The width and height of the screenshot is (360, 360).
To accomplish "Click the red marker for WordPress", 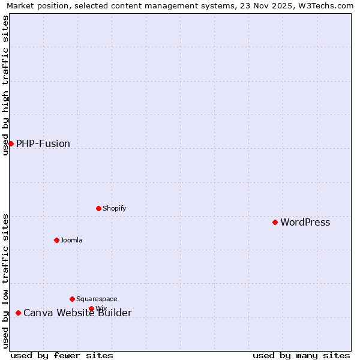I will (x=275, y=222).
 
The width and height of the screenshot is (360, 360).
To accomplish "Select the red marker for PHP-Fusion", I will (x=11, y=143).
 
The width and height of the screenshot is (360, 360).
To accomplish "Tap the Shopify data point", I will (x=98, y=208).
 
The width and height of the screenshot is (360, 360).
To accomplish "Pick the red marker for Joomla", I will (x=56, y=240).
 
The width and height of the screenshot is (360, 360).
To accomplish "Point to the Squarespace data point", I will (x=72, y=299).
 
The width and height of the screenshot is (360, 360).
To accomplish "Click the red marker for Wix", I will (x=91, y=308).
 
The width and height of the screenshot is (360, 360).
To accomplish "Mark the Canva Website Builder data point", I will (x=18, y=313).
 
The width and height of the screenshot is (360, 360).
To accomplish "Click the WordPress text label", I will (x=305, y=223).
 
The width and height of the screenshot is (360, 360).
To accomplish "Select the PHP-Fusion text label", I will (x=43, y=144).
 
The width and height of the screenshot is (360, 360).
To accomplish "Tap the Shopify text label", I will (x=114, y=209).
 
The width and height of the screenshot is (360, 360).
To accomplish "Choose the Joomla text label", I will (x=71, y=241).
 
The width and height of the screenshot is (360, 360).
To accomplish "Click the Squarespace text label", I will (x=97, y=299).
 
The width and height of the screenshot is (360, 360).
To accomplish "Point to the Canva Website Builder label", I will (x=77, y=313).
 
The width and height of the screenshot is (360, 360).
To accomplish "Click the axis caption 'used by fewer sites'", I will (x=62, y=355).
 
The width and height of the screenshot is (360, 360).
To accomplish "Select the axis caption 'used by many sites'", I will (x=301, y=355).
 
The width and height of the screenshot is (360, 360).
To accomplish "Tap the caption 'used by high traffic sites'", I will (x=5, y=85).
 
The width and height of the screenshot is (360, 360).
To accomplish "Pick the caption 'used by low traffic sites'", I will (x=5, y=281).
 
